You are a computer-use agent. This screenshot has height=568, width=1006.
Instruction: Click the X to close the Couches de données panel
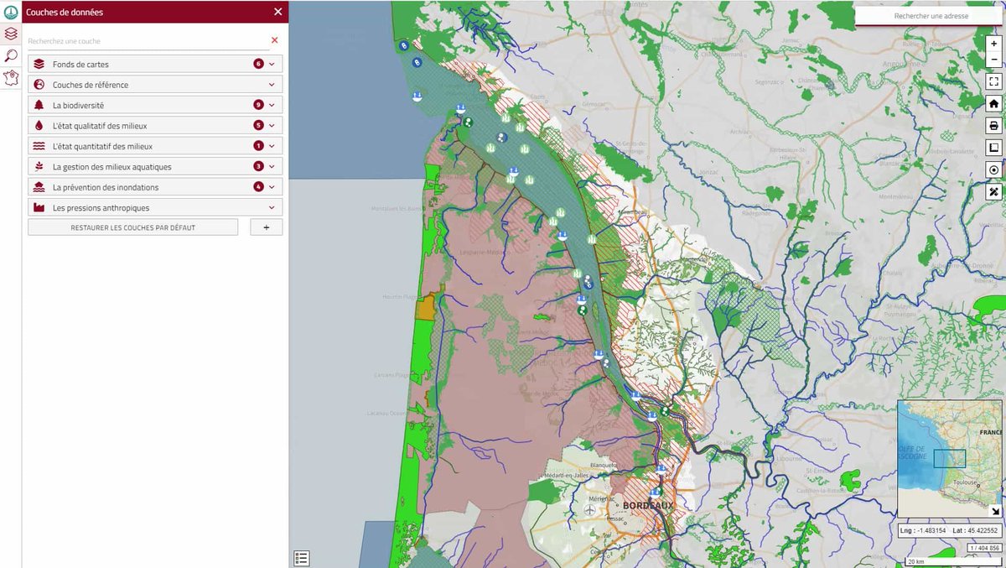coord(278,12)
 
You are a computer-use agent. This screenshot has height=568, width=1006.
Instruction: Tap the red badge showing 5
coord(259,126)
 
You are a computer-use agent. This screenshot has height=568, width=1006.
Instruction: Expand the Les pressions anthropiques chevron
coord(272,207)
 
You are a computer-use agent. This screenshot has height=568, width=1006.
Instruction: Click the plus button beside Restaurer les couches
coord(266,227)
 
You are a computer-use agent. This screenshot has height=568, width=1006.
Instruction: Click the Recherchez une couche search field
coord(143,40)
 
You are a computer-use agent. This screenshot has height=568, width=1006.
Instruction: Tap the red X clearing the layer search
coord(274,40)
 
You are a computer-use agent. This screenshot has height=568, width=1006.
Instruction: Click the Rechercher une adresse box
coord(931,16)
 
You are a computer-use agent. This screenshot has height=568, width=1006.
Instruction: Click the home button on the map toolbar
coord(993,104)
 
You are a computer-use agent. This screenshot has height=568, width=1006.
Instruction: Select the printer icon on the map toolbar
coord(993,126)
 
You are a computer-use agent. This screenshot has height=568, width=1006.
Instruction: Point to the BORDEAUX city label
coord(648,506)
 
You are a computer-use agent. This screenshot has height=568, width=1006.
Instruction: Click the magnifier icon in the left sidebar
coord(11,56)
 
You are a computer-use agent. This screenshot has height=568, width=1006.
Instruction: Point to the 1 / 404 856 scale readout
coord(984,548)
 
